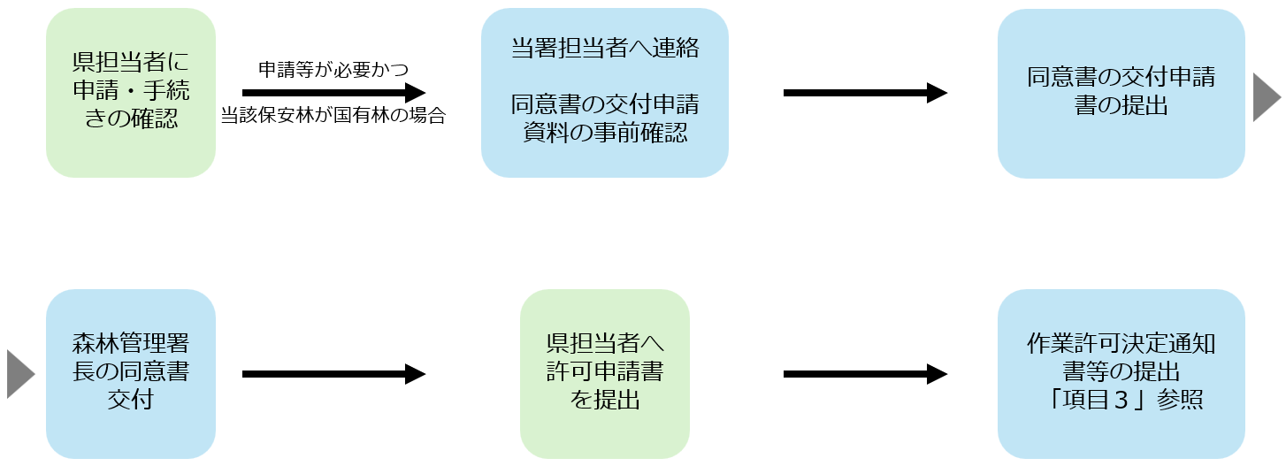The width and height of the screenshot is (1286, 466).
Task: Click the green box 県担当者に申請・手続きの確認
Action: (x=131, y=92)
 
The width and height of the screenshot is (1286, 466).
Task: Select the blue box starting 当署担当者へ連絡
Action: (x=605, y=92)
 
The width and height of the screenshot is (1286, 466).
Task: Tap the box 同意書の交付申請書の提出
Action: (x=1121, y=93)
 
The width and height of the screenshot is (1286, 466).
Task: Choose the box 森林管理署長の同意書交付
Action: (x=131, y=374)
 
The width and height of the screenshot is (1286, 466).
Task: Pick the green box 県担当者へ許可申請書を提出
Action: (x=605, y=374)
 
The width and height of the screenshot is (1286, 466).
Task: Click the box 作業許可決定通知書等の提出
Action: (x=1121, y=374)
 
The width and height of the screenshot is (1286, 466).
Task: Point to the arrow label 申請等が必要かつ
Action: (x=333, y=70)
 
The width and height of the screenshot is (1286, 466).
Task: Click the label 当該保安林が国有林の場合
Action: (x=333, y=115)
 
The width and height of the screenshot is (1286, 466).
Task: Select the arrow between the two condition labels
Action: (x=333, y=92)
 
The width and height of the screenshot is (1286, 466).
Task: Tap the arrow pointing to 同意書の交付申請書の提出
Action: (x=865, y=92)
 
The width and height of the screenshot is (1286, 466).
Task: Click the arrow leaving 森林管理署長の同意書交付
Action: (x=333, y=374)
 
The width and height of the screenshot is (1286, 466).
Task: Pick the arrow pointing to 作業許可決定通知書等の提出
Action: (x=865, y=374)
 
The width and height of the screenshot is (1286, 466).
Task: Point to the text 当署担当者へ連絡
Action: (x=605, y=48)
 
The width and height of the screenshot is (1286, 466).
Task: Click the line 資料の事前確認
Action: (x=605, y=133)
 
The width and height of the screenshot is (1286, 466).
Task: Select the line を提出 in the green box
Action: (x=605, y=400)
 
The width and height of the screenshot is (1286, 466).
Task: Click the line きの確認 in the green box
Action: (x=131, y=118)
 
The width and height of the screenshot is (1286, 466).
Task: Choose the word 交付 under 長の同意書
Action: (x=131, y=400)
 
